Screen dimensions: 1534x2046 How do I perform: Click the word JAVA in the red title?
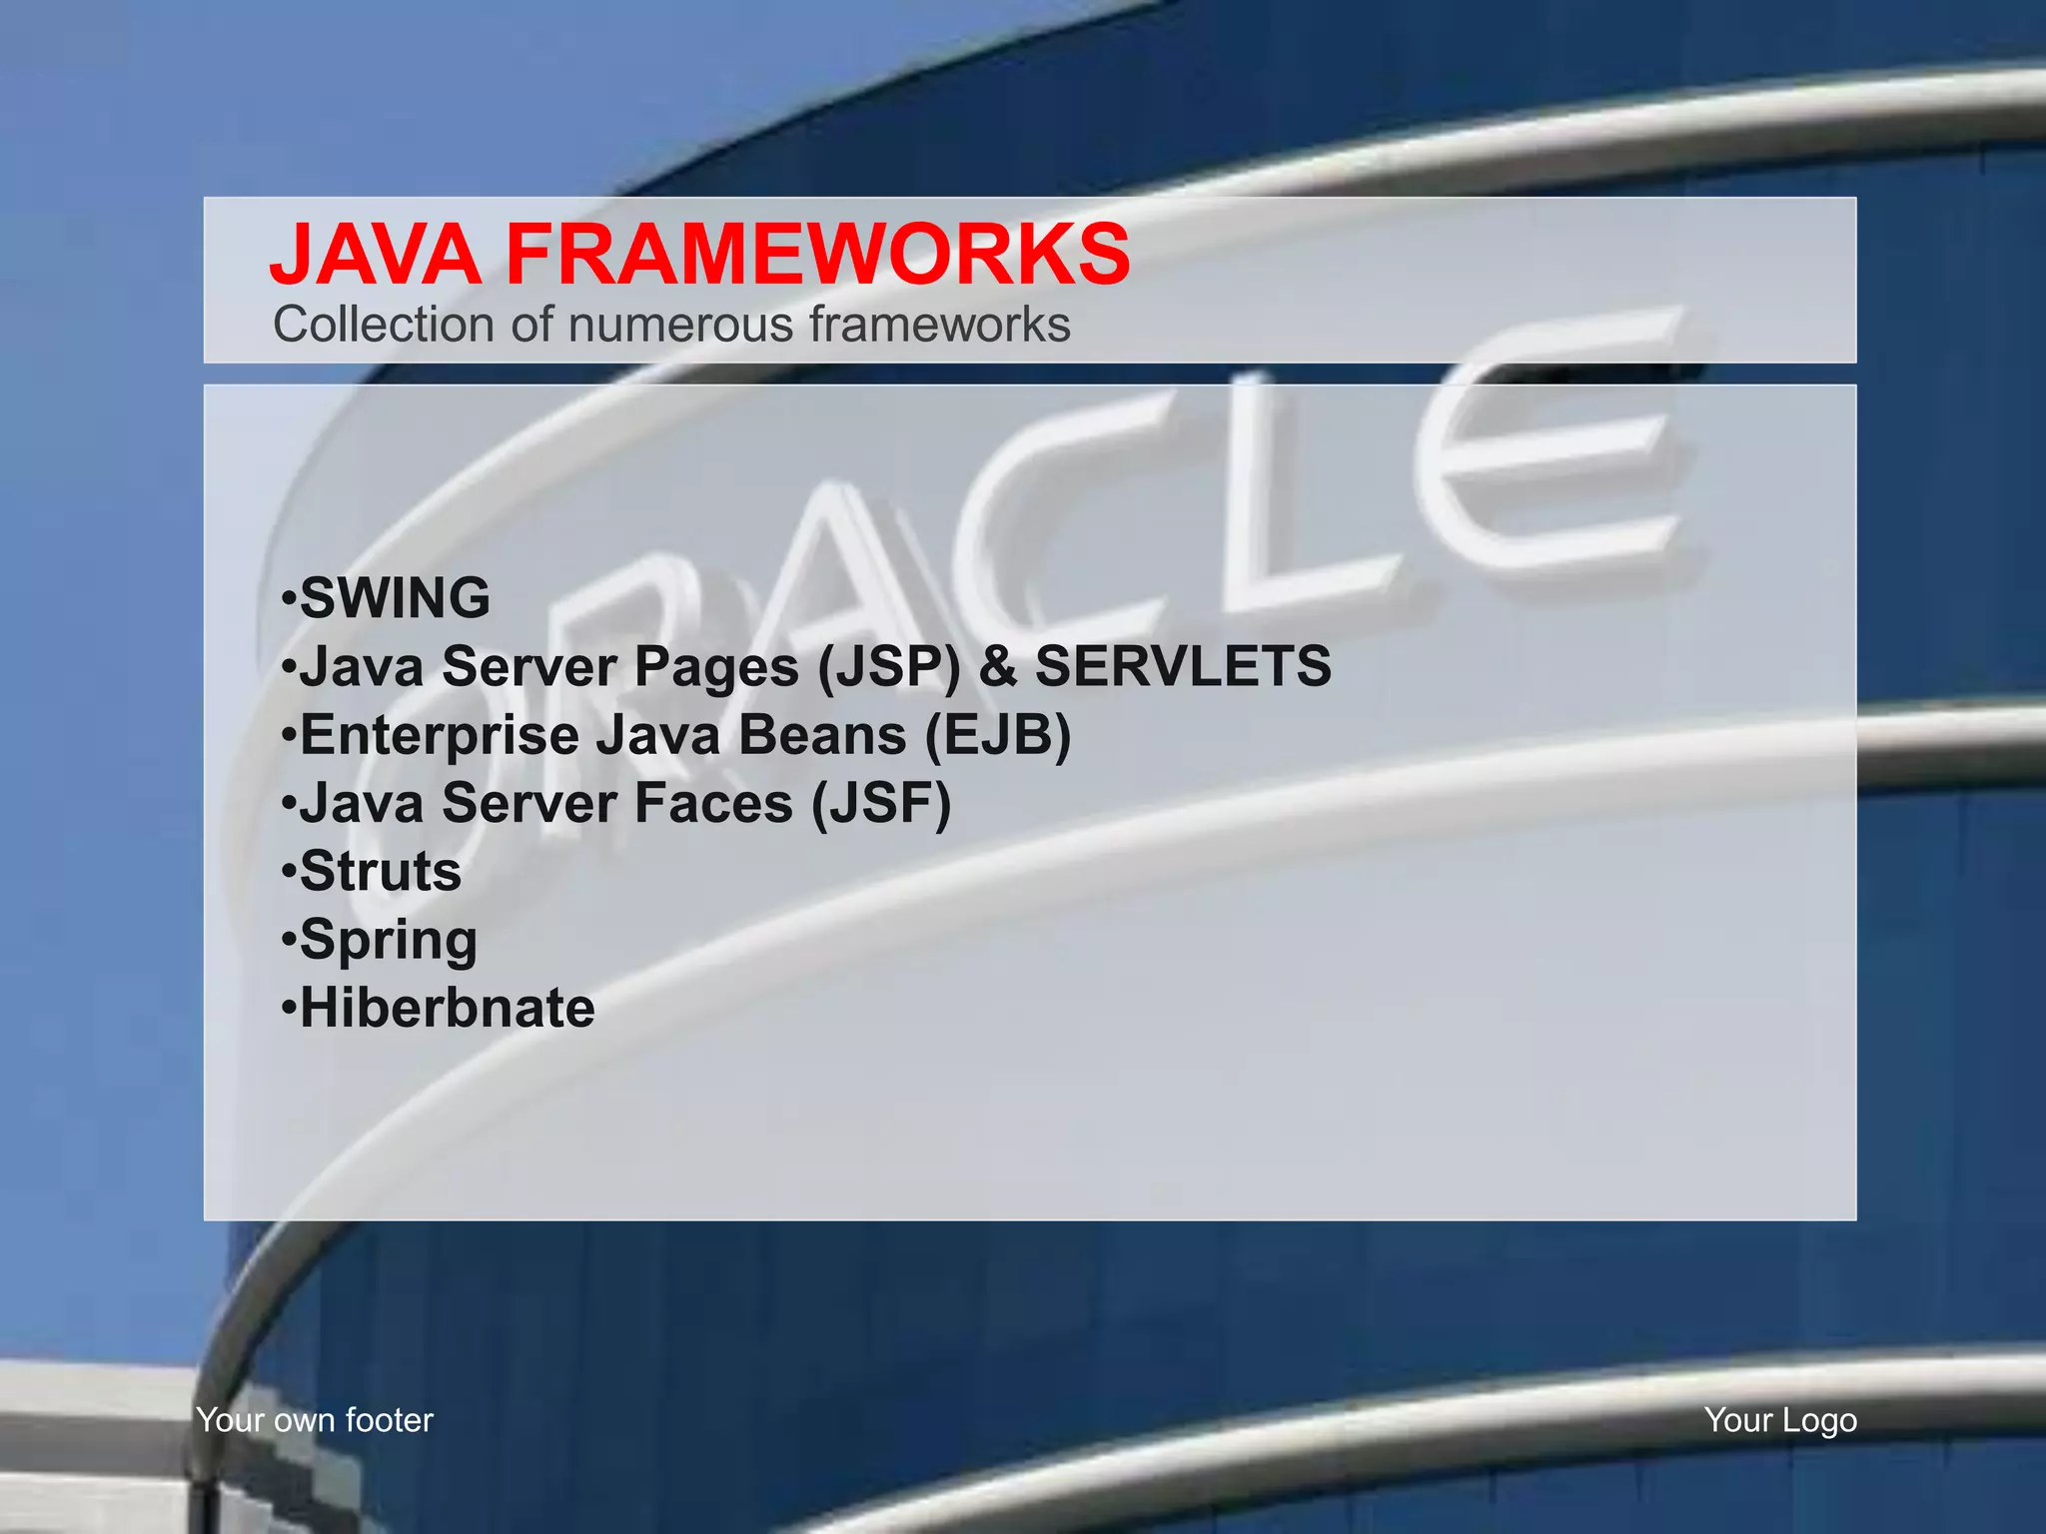(x=375, y=255)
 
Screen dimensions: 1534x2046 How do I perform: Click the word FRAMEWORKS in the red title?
(x=818, y=255)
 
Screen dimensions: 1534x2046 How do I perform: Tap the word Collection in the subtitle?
(x=384, y=325)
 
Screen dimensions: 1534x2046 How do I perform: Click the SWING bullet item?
(x=395, y=598)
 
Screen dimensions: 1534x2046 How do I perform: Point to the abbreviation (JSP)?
(x=888, y=667)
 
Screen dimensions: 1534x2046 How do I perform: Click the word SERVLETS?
(x=1183, y=666)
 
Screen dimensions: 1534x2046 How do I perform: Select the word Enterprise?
(x=440, y=736)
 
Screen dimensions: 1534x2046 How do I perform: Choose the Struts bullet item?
(x=381, y=871)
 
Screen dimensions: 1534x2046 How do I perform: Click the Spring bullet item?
(x=389, y=941)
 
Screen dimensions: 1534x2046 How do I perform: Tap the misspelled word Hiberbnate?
(x=447, y=1008)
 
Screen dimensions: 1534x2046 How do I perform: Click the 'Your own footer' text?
(x=315, y=1420)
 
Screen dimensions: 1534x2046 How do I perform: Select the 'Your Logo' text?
(x=1780, y=1420)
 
